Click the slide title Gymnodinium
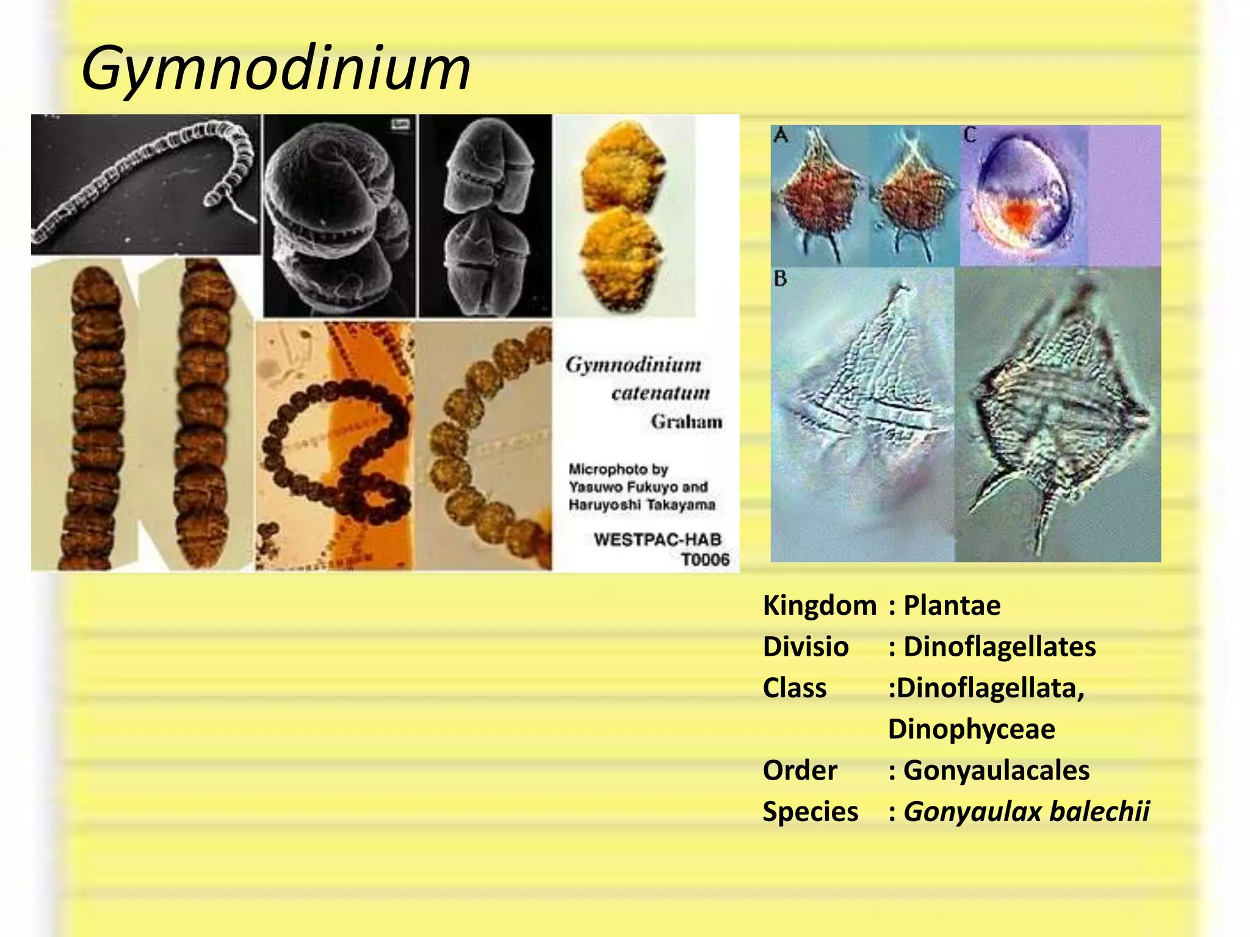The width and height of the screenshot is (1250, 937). click(x=275, y=68)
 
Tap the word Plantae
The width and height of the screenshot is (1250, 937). click(x=952, y=606)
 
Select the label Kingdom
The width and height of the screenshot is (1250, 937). click(x=819, y=606)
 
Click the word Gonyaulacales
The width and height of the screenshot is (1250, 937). click(x=996, y=770)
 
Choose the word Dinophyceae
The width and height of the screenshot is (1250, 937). click(x=971, y=729)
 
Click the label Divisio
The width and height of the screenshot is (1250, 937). click(x=805, y=647)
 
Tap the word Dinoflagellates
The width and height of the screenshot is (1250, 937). click(x=999, y=647)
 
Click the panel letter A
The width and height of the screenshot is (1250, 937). click(x=781, y=134)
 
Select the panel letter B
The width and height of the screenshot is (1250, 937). click(x=781, y=279)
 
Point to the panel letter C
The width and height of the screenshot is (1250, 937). click(x=970, y=134)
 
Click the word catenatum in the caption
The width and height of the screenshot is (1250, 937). click(x=660, y=393)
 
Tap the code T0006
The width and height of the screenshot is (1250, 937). click(x=704, y=559)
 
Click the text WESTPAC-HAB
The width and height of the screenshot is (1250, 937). click(x=657, y=539)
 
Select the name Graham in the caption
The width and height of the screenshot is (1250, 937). click(x=686, y=422)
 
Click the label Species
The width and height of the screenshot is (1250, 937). click(x=810, y=811)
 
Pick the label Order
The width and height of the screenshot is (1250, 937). click(x=800, y=770)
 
